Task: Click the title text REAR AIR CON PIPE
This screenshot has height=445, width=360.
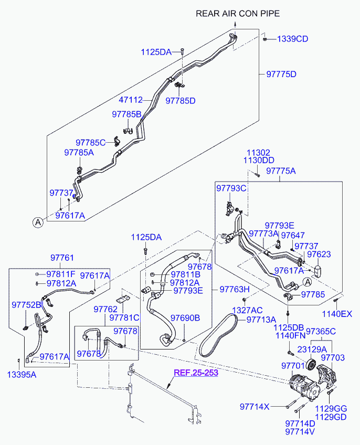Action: [x=238, y=14]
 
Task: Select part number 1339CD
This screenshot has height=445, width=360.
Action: [x=292, y=39]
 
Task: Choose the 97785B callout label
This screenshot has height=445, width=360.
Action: [x=126, y=114]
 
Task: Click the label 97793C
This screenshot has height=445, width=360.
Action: [x=231, y=187]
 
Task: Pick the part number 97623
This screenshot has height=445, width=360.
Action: [x=319, y=254]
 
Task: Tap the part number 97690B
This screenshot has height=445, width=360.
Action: [x=185, y=318]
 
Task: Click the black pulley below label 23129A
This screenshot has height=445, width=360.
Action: [x=311, y=365]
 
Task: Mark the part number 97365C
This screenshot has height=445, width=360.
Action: [x=321, y=331]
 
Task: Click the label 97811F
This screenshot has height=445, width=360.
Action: [x=61, y=274]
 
